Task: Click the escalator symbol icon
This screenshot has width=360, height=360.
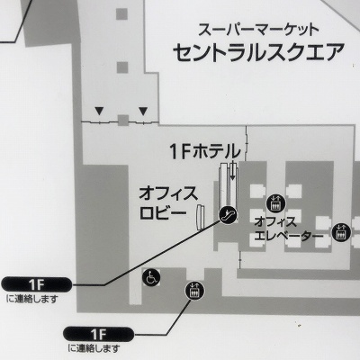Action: click(x=228, y=215)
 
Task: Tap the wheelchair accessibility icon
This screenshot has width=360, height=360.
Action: click(x=151, y=277)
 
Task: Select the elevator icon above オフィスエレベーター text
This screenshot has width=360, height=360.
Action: click(x=275, y=202)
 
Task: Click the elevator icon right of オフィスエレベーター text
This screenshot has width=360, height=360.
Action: click(x=341, y=232)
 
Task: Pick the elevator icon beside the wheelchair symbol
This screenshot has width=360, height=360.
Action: click(x=194, y=291)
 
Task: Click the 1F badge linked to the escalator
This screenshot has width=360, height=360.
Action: click(x=37, y=284)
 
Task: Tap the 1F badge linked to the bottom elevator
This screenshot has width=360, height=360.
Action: click(x=99, y=334)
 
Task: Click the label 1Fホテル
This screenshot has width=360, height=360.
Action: click(x=205, y=151)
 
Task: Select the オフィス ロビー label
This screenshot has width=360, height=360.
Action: click(x=167, y=203)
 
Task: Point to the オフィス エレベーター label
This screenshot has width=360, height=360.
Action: click(x=288, y=229)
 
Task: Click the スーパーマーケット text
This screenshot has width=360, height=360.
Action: click(x=258, y=30)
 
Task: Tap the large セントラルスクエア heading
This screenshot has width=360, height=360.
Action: click(x=258, y=52)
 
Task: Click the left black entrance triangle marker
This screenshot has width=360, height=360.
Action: click(x=99, y=112)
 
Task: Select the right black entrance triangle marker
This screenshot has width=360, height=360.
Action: click(x=143, y=112)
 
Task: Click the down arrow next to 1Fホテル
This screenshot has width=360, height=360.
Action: click(x=232, y=170)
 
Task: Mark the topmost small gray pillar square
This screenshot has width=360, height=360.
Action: click(x=121, y=13)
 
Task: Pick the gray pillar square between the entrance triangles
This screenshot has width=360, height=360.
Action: click(x=123, y=121)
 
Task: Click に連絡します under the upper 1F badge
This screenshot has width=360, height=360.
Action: click(x=32, y=299)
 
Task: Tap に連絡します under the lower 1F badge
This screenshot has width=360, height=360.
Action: click(x=94, y=348)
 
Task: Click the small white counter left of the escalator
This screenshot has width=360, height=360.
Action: click(x=200, y=217)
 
